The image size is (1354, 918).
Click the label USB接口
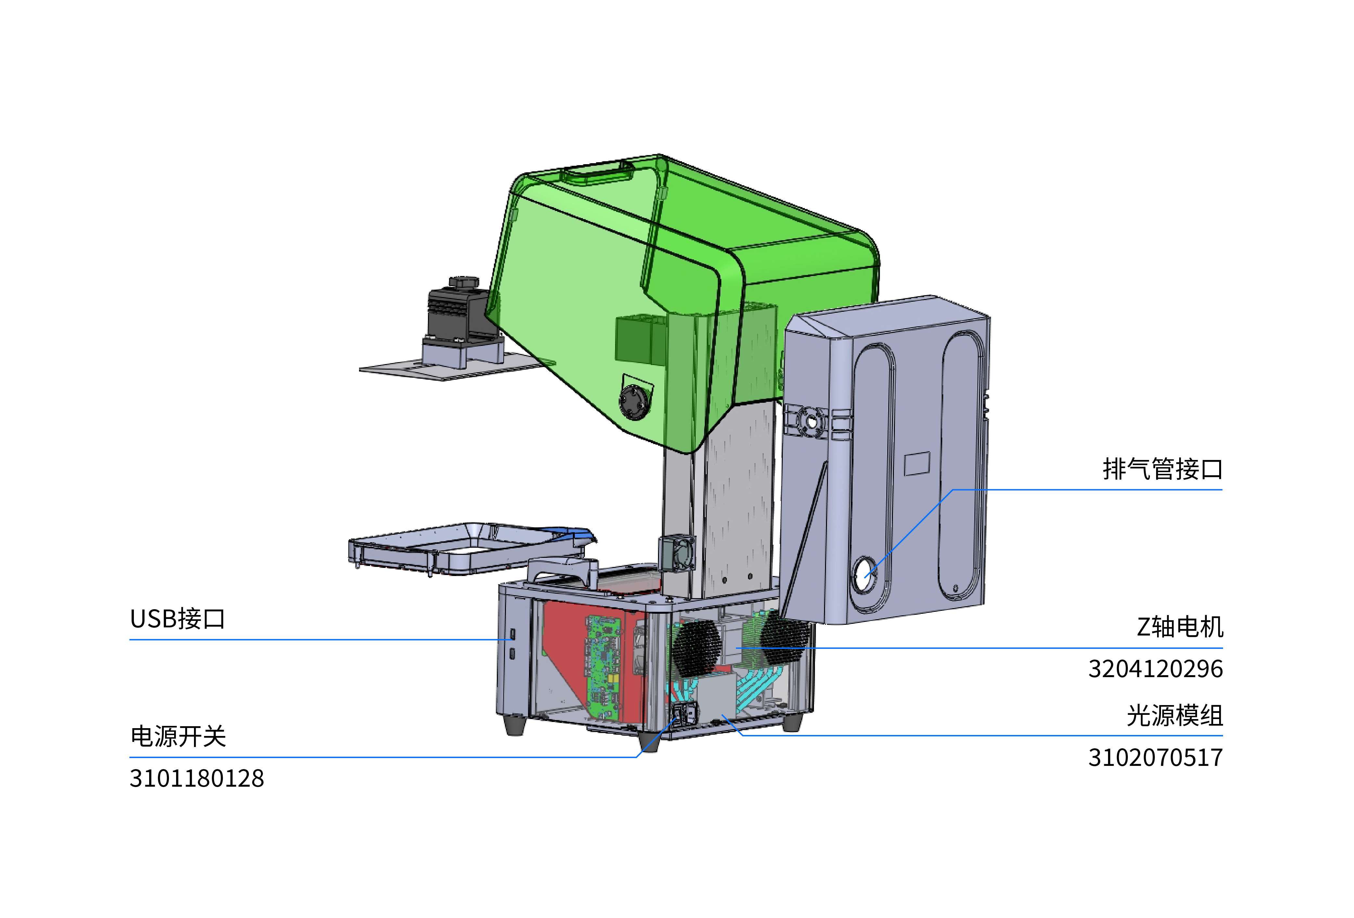(177, 619)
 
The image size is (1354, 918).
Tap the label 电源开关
(178, 737)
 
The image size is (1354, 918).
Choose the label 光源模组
(1174, 716)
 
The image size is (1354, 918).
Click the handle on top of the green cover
(597, 173)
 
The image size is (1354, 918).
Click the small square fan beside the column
(677, 553)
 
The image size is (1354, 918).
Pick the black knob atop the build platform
(464, 282)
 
